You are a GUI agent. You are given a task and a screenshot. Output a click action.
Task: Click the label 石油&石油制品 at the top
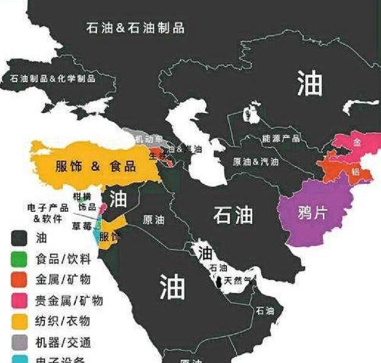click(x=135, y=27)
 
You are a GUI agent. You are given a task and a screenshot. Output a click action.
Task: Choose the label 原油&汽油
click(x=255, y=162)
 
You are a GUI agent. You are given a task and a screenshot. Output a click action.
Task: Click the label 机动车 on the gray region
click(x=146, y=139)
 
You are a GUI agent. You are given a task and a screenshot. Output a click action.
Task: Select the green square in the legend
click(x=20, y=259)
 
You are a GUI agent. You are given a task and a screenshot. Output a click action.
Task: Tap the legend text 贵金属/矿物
click(x=69, y=300)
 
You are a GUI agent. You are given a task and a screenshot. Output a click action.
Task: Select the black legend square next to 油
click(x=20, y=238)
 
